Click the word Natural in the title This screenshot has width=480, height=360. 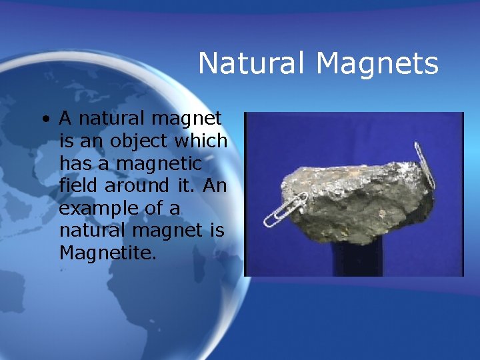point(253,64)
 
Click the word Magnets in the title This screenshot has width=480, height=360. point(377,64)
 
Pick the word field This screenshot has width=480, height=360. point(79,185)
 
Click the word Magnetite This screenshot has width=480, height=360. point(107,253)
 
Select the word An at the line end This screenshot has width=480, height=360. point(214,185)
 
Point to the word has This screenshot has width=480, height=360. point(77,163)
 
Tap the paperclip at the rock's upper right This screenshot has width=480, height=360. point(424,164)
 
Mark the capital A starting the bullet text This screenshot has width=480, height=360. point(65,119)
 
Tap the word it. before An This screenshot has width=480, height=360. point(185,185)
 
